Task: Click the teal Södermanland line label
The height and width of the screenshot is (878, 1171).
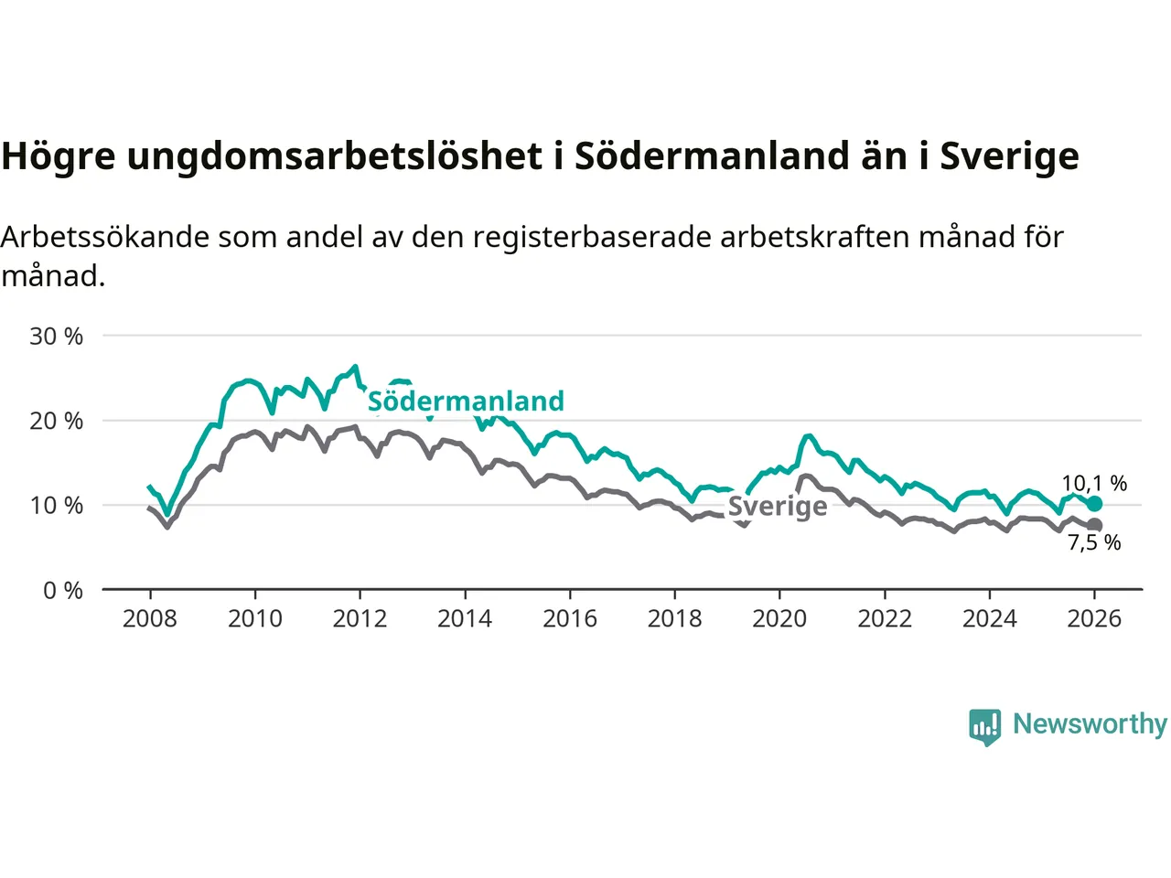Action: tap(466, 402)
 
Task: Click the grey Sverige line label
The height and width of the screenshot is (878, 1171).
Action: tap(778, 507)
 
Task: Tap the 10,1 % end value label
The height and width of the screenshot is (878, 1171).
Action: tap(1094, 483)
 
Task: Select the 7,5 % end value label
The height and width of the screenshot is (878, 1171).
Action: tap(1094, 542)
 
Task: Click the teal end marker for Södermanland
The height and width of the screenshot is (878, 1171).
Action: tap(1094, 504)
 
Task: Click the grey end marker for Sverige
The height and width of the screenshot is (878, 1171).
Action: tap(1094, 525)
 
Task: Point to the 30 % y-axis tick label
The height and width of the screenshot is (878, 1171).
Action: tap(57, 337)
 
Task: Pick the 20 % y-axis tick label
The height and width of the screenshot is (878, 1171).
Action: tap(57, 421)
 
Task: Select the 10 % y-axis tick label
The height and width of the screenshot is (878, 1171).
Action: tap(57, 506)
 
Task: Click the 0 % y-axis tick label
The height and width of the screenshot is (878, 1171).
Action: tap(63, 591)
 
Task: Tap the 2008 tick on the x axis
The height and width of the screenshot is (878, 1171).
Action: tap(150, 619)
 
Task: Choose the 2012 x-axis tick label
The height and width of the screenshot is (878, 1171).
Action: tap(360, 619)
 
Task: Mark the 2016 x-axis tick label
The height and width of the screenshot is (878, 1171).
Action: tap(570, 619)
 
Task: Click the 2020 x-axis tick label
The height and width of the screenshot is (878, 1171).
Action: tap(779, 619)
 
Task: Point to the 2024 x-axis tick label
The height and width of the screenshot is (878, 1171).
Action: tap(990, 619)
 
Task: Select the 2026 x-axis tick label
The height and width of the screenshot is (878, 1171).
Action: tap(1094, 619)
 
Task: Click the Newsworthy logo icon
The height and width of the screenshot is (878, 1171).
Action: tap(985, 727)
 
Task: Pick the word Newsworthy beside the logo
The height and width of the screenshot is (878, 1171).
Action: tap(1090, 724)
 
